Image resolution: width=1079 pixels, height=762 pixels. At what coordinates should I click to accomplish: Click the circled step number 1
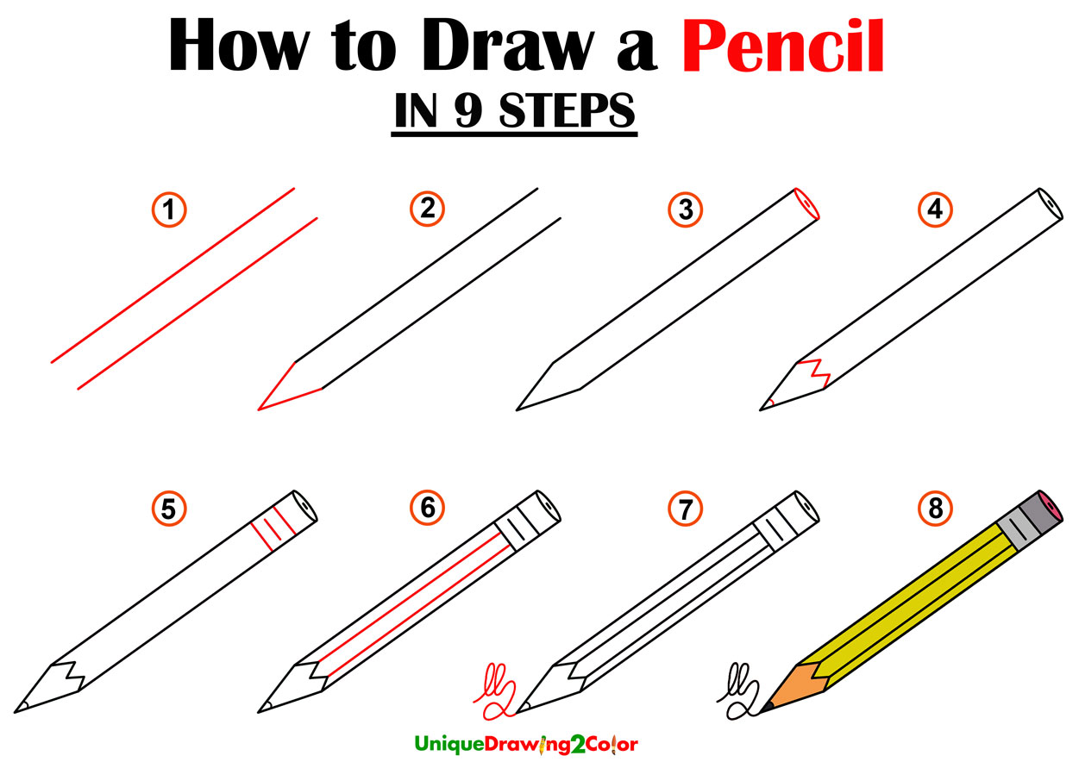[x=169, y=209]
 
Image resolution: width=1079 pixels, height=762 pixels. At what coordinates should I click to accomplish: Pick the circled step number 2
[x=427, y=209]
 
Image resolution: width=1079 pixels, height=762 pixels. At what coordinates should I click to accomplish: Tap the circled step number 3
[x=685, y=209]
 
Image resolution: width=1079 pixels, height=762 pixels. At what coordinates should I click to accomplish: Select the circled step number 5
[x=169, y=510]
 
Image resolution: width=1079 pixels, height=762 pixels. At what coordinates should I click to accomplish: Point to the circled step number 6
[x=427, y=510]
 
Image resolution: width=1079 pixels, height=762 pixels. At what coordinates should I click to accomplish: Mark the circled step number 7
[x=685, y=510]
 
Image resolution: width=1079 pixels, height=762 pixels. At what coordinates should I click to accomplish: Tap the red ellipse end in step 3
[x=806, y=203]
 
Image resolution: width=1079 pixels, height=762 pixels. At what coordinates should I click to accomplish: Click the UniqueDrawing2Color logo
[x=526, y=743]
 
